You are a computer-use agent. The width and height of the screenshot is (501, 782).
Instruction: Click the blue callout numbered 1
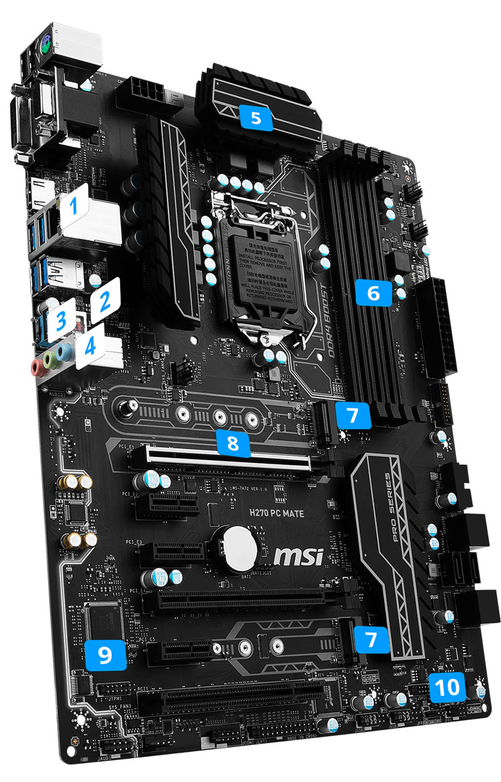(x=74, y=205)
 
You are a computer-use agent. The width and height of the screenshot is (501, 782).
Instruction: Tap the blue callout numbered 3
(x=61, y=320)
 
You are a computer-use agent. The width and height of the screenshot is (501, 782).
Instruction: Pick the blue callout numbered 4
(x=90, y=346)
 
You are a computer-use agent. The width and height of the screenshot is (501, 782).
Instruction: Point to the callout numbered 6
(x=373, y=292)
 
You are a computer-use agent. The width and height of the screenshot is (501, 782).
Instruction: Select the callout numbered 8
(x=232, y=443)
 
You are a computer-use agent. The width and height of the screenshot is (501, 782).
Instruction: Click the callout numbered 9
(x=105, y=655)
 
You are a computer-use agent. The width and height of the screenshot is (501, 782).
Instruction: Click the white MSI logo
(x=300, y=554)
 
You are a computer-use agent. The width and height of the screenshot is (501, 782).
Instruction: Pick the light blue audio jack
(x=62, y=354)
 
